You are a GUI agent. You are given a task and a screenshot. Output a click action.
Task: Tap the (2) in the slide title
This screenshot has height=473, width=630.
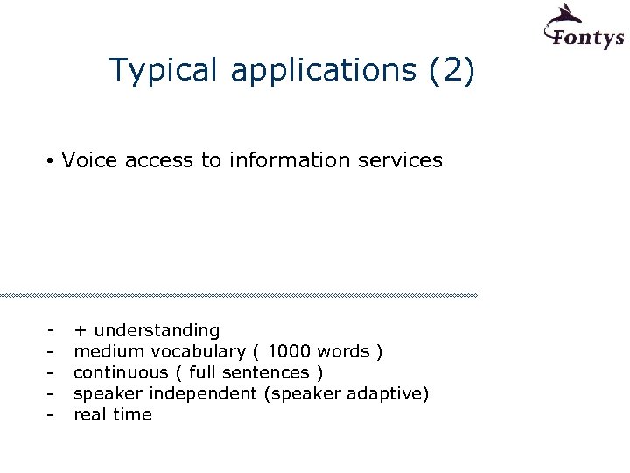click(x=452, y=70)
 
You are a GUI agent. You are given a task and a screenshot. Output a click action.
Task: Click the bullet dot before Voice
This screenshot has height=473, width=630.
click(x=52, y=161)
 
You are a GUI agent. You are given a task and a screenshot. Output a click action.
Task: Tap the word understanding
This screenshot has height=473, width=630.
click(x=157, y=331)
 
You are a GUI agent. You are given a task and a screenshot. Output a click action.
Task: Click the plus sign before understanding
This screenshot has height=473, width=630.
click(x=80, y=331)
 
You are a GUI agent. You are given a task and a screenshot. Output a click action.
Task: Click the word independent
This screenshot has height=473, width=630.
click(x=215, y=394)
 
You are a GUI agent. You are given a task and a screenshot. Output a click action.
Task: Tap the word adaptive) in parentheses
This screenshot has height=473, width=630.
click(x=388, y=394)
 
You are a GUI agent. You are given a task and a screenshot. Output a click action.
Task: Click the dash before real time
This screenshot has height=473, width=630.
click(x=52, y=415)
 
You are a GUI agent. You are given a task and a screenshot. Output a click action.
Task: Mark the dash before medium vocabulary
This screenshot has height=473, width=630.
click(x=52, y=352)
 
